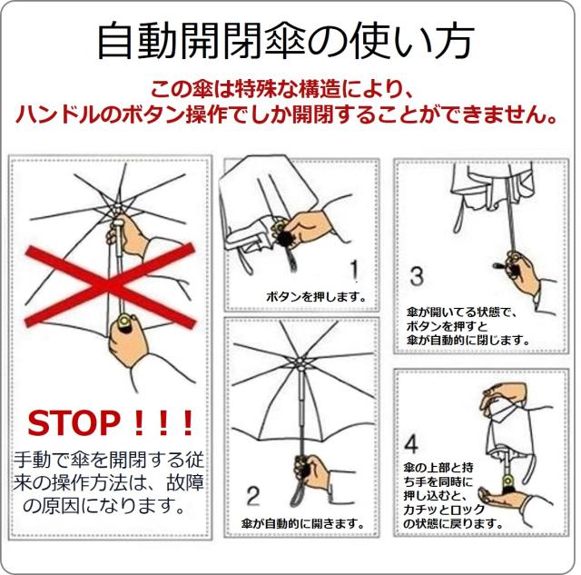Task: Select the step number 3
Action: [417, 274]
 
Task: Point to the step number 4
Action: [410, 444]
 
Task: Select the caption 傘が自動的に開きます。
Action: [303, 524]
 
